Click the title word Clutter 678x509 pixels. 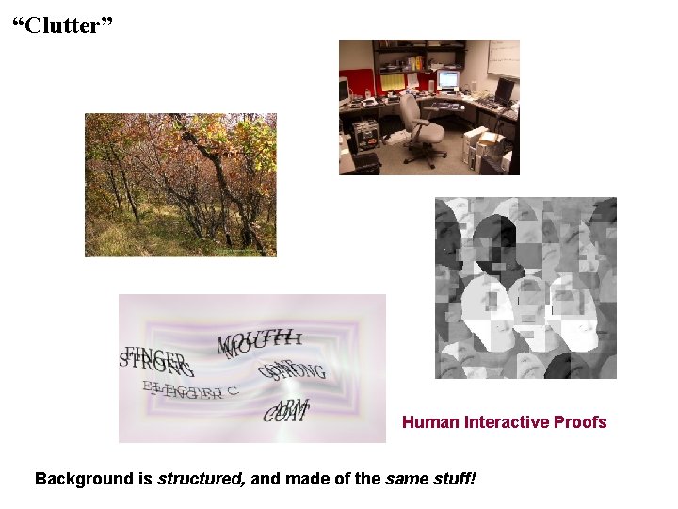point(64,25)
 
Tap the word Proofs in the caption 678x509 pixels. point(581,422)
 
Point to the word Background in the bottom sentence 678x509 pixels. point(79,479)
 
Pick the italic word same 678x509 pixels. point(402,479)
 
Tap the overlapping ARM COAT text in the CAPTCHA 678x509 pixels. point(286,411)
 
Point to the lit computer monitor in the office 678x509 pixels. point(447,79)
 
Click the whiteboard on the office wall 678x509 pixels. point(502,58)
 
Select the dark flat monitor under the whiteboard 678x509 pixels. point(504,91)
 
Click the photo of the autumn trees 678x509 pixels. point(181,185)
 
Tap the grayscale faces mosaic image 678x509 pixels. point(525,287)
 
